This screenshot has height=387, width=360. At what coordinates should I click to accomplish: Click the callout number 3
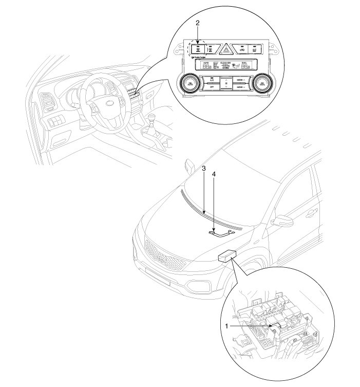(x=204, y=169)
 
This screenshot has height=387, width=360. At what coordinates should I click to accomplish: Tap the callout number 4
(x=214, y=175)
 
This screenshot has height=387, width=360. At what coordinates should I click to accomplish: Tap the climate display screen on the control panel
(x=225, y=66)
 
